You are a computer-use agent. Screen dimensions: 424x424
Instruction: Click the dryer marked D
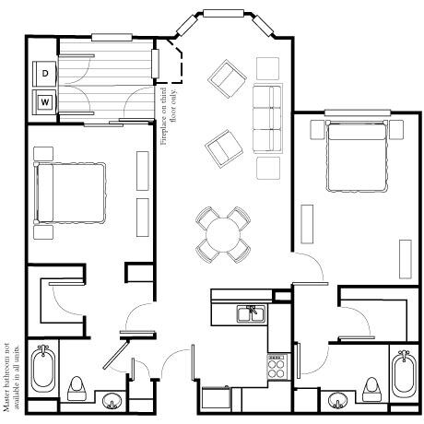(x=44, y=74)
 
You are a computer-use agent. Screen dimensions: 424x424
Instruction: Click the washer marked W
(x=44, y=102)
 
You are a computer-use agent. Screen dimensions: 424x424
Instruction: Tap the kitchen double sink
(x=251, y=313)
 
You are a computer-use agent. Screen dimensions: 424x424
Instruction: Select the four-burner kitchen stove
(x=278, y=366)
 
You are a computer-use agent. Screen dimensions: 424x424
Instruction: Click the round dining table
(x=223, y=235)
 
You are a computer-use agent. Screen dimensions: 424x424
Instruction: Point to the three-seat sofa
(x=267, y=119)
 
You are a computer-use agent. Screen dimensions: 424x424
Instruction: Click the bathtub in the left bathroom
(x=43, y=369)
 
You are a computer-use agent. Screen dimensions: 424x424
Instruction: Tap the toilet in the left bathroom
(x=77, y=389)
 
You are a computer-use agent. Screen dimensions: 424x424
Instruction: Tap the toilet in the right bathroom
(x=371, y=390)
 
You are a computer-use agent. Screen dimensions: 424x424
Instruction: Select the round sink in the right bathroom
(x=337, y=401)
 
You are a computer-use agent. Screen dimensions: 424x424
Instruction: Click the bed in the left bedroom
(x=70, y=193)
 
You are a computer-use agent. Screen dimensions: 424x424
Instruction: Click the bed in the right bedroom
(x=357, y=157)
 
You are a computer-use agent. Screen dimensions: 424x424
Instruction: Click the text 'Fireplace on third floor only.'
(x=169, y=116)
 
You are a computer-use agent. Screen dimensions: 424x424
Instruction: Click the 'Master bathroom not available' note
(x=11, y=377)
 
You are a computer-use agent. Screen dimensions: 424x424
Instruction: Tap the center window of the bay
(x=223, y=13)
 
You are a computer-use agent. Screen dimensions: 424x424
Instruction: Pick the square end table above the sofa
(x=267, y=68)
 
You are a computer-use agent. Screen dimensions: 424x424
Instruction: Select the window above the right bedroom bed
(x=358, y=113)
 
